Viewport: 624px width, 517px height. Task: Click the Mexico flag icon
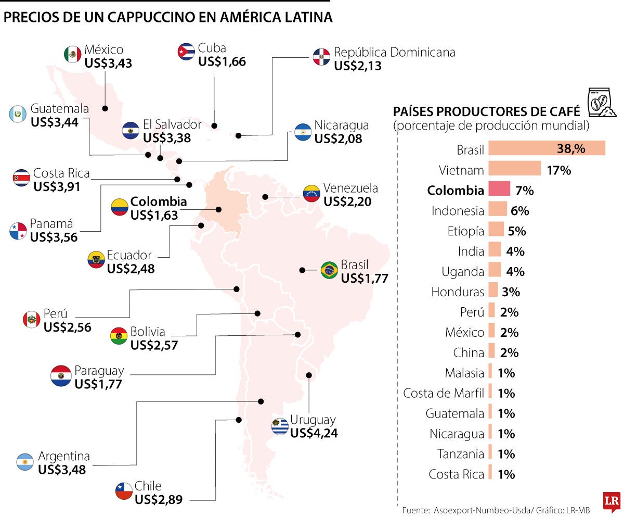coord(72,54)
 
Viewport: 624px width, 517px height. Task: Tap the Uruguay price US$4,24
coord(314,433)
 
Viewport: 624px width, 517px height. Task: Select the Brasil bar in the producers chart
coord(547,148)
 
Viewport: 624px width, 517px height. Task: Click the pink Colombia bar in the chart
coord(499,190)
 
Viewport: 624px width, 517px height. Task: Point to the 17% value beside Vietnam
coord(558,170)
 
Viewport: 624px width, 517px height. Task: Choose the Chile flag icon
coord(124,491)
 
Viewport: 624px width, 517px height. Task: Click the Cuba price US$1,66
coord(222,61)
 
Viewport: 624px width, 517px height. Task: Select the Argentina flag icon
coord(25,462)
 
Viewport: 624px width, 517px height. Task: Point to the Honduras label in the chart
coord(458,292)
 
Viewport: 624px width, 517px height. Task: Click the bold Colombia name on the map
coord(158,201)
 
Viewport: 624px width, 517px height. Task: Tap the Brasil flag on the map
coord(329,270)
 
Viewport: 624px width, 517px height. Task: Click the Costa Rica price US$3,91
coord(57,186)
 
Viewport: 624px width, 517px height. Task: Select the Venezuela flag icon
coord(311,193)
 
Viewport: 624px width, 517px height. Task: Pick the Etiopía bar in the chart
coord(496,230)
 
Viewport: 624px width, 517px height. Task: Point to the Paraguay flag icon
coord(61,375)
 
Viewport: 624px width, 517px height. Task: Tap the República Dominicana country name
coord(394,53)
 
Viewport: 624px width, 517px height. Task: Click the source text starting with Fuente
coord(496,510)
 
